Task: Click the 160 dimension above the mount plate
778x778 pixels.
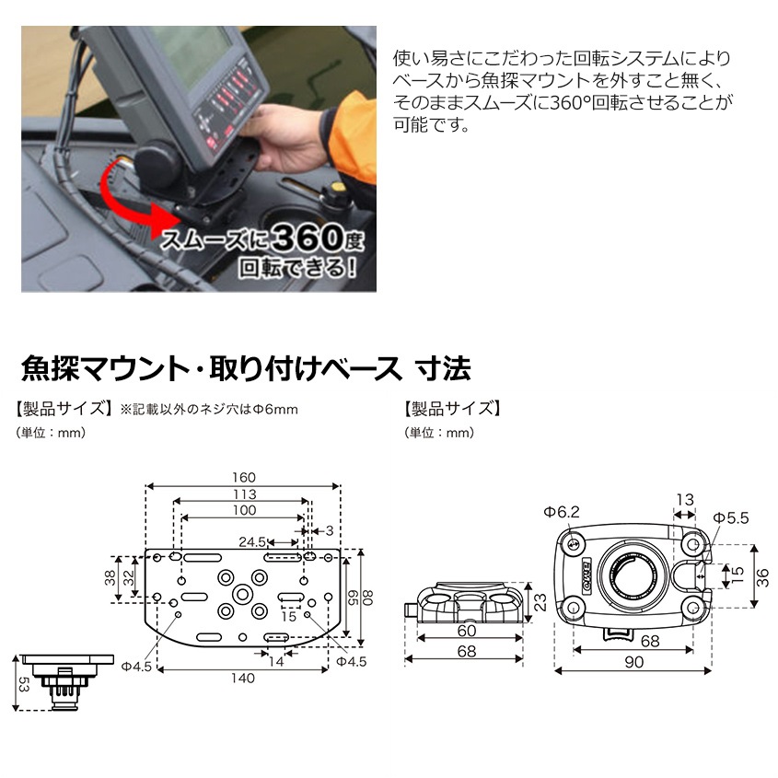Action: tap(244, 478)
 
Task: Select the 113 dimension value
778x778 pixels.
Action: tap(244, 494)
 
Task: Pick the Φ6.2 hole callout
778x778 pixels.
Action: tap(560, 511)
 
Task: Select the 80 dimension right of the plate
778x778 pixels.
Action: tap(369, 598)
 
